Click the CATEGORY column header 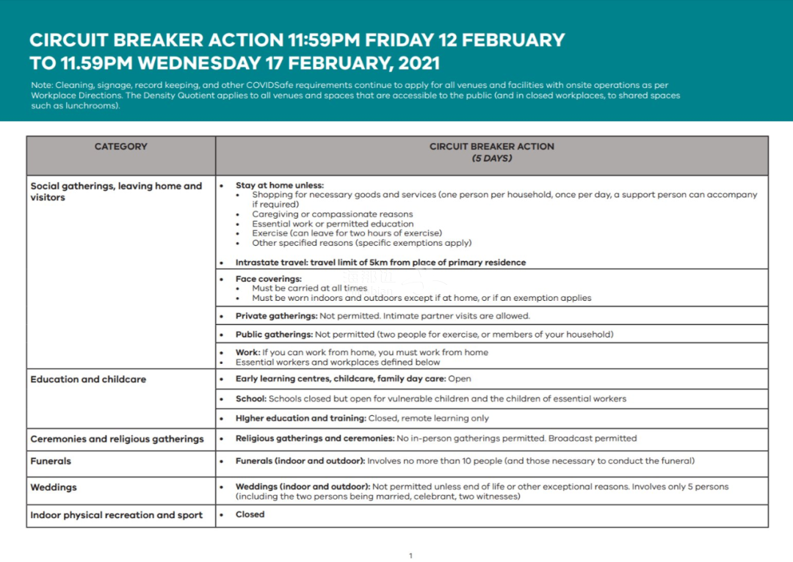coord(120,147)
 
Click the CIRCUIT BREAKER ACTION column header coord(491,147)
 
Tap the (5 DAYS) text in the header coord(491,158)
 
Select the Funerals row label coord(51,461)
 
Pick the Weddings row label coord(54,487)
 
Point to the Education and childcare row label coord(88,379)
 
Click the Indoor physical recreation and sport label coord(116,515)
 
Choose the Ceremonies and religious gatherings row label coord(117,439)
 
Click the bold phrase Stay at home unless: coord(279,186)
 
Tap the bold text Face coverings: coord(268,279)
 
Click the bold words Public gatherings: coord(274,335)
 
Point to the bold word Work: coord(247,353)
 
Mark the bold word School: coord(251,399)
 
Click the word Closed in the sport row coord(250,514)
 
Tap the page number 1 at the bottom coord(410,555)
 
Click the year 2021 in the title coord(415,62)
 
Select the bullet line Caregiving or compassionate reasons coord(332,214)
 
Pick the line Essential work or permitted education coord(333,224)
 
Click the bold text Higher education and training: coord(300,418)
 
